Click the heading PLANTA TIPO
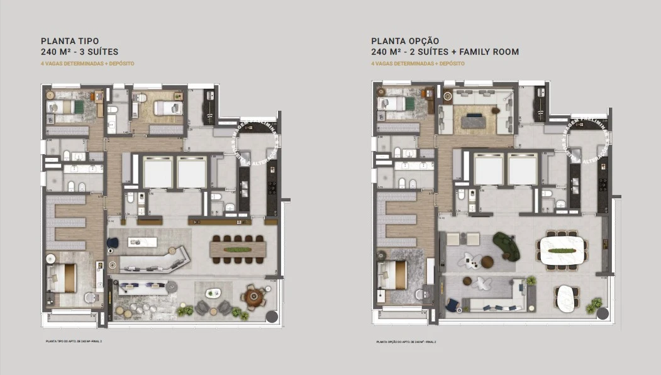70,40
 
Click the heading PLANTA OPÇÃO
405,40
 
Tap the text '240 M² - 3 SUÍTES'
79,52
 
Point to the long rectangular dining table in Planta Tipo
236,250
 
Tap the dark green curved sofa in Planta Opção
505,245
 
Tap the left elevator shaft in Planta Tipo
157,172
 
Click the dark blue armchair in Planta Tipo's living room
113,243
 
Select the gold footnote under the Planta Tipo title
87,64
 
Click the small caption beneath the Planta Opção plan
406,342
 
